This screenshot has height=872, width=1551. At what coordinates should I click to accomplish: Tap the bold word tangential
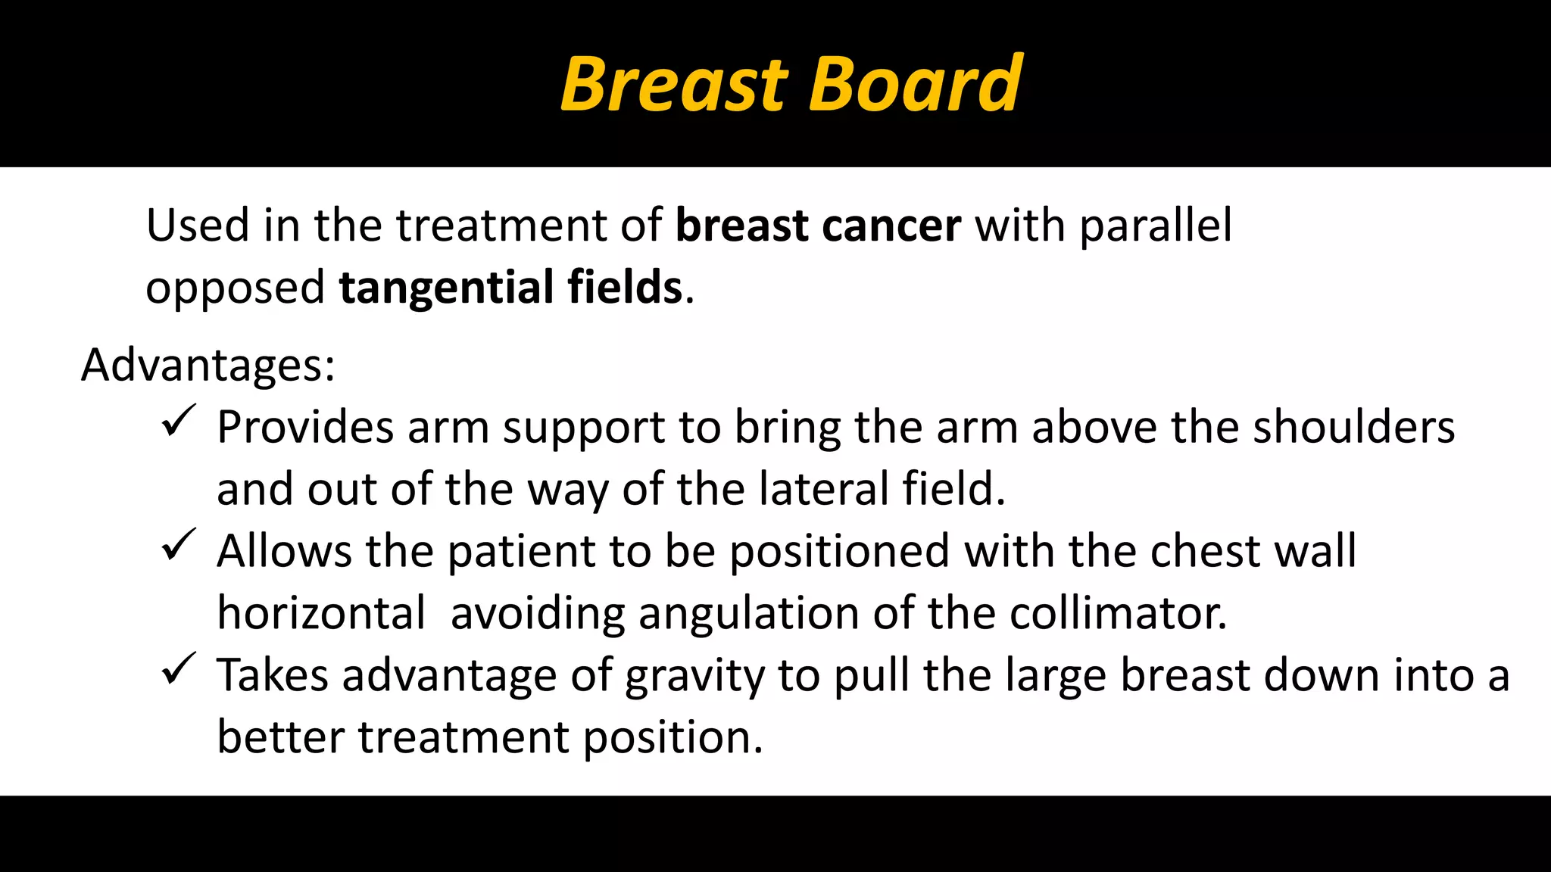[x=446, y=288]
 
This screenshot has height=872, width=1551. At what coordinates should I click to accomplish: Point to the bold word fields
[x=625, y=287]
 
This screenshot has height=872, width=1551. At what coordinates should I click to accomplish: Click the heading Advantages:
[x=208, y=366]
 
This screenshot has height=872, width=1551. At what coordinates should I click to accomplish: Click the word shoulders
[x=1353, y=427]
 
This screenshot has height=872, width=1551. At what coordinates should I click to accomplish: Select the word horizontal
[x=321, y=613]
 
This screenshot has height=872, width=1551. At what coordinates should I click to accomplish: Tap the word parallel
[x=1156, y=226]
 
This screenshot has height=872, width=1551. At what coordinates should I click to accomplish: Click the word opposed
[x=235, y=288]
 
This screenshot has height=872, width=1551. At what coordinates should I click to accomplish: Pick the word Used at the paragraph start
[x=197, y=226]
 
